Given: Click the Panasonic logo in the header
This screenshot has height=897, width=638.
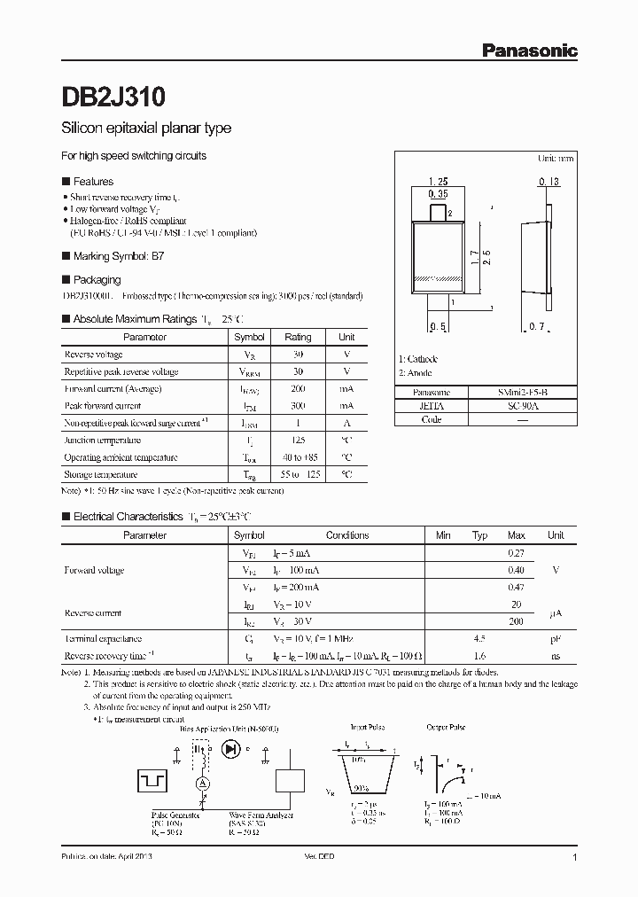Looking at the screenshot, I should pyautogui.click(x=529, y=51).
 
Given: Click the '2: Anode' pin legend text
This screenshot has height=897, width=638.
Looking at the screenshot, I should pyautogui.click(x=415, y=373).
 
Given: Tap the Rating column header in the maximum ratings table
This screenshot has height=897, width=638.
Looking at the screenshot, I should pyautogui.click(x=297, y=337).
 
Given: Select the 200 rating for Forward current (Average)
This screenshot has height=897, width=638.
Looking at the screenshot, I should pyautogui.click(x=297, y=388).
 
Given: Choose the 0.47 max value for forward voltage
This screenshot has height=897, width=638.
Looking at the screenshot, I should pyautogui.click(x=516, y=587).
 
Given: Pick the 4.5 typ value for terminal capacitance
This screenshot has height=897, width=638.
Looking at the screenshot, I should pyautogui.click(x=479, y=638).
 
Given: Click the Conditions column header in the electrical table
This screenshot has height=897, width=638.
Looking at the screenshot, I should pyautogui.click(x=347, y=535).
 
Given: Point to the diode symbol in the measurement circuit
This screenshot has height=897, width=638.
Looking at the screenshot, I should pyautogui.click(x=233, y=749).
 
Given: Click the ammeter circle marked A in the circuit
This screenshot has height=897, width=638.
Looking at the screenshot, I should pyautogui.click(x=201, y=784).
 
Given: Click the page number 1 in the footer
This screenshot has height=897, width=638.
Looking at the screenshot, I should pyautogui.click(x=575, y=859).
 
